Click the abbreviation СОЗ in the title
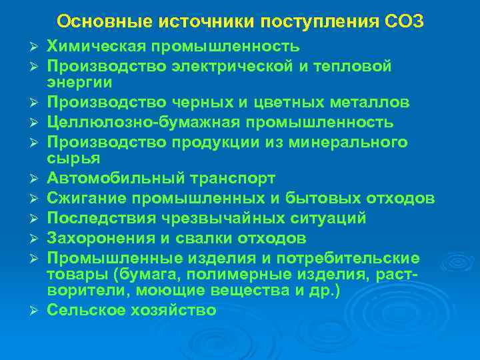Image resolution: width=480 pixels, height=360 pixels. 404,21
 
